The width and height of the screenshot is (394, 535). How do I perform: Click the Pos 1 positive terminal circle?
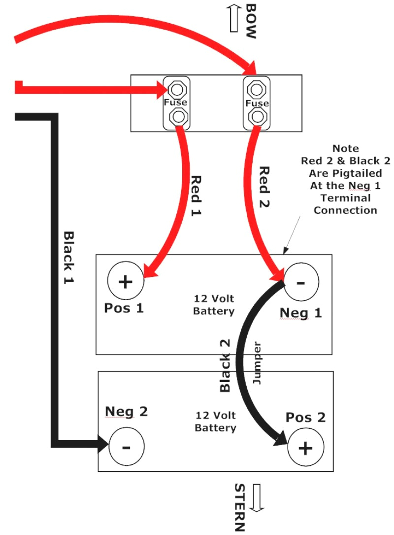click(125, 282)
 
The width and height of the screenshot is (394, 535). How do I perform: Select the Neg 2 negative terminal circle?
click(126, 447)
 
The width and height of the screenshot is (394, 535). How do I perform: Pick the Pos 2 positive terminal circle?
click(306, 448)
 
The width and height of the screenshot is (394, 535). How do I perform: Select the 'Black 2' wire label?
click(225, 366)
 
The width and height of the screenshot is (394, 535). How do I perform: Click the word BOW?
click(251, 21)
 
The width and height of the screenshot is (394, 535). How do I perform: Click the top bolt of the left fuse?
click(176, 89)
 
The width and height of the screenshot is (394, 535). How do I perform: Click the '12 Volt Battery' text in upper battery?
click(214, 305)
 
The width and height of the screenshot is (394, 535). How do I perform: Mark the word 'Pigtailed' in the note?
click(345, 173)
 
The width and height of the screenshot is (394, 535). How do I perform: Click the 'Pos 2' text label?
click(305, 418)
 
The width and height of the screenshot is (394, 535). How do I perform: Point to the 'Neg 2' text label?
click(126, 412)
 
